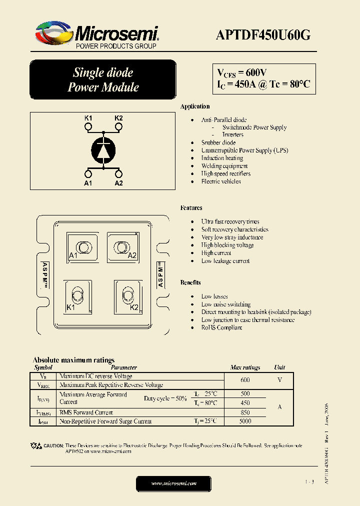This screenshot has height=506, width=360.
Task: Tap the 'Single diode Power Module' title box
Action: [x=103, y=80]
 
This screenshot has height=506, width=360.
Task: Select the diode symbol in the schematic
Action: [x=103, y=149]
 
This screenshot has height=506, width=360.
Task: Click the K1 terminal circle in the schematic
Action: [x=88, y=127]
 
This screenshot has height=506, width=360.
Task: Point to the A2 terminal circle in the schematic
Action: [x=118, y=173]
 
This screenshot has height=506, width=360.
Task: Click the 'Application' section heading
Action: [x=195, y=106]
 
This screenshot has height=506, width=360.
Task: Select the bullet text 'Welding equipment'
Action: [x=224, y=166]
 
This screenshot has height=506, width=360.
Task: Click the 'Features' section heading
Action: [x=191, y=207]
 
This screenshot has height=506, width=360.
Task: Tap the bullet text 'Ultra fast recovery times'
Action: [x=230, y=221]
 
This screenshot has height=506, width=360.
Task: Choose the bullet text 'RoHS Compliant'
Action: [x=221, y=327]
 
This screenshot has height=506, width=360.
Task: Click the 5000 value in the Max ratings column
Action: [x=245, y=421]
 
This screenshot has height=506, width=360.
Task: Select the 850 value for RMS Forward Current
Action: [x=245, y=412]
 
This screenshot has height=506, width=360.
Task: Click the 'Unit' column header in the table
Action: [x=279, y=367]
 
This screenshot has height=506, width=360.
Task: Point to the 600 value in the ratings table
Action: [x=245, y=380]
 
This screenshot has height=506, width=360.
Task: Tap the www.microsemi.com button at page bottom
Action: [x=174, y=483]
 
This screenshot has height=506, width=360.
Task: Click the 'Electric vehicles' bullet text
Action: [x=221, y=181]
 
